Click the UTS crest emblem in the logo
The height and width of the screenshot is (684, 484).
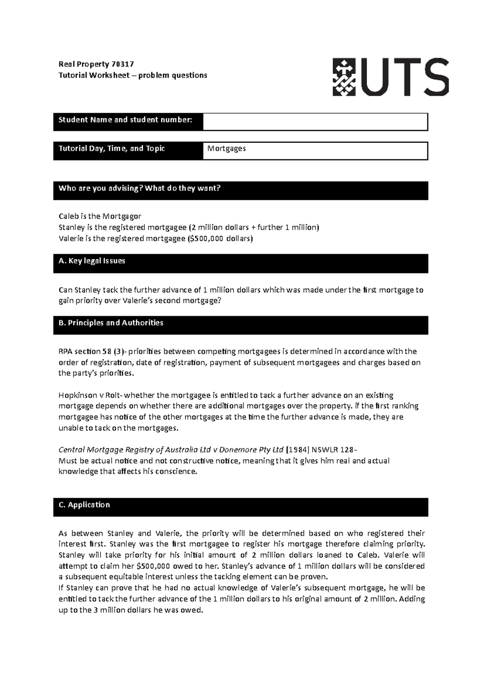pyautogui.click(x=344, y=77)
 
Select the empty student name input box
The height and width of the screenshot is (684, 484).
pyautogui.click(x=315, y=122)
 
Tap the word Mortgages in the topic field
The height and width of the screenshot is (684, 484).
pyautogui.click(x=226, y=148)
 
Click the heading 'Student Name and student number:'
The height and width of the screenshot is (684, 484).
pyautogui.click(x=125, y=120)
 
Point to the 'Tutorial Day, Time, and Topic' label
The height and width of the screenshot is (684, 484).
pyautogui.click(x=112, y=148)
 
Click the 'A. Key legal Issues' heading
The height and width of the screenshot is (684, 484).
pyautogui.click(x=92, y=261)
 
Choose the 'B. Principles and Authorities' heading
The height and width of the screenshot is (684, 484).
pyautogui.click(x=111, y=323)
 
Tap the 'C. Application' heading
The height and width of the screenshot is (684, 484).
pyautogui.click(x=84, y=505)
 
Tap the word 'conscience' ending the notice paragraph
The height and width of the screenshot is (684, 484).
pyautogui.click(x=176, y=471)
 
